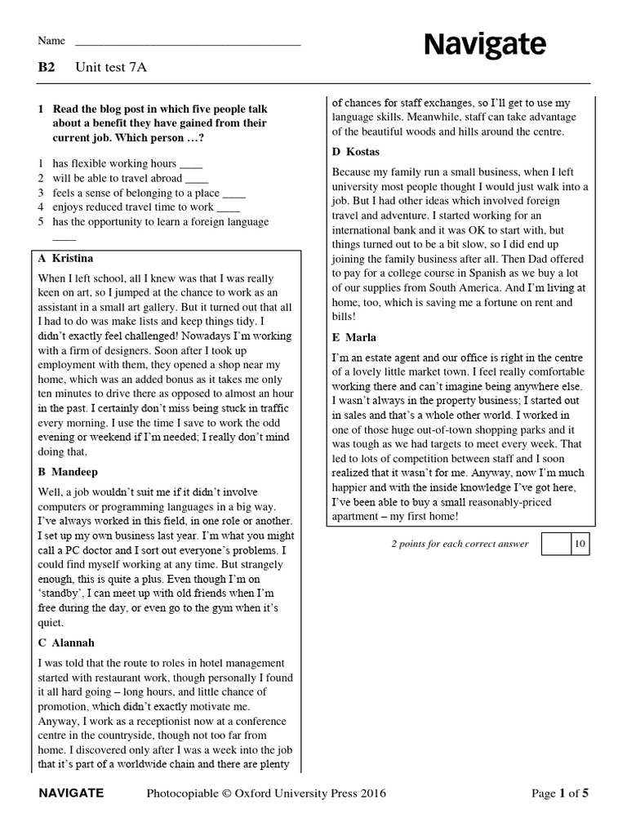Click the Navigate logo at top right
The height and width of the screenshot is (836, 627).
485,45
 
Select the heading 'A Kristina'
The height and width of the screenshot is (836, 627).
66,258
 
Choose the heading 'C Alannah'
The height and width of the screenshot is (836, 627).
68,643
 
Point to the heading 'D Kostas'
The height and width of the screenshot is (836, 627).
356,152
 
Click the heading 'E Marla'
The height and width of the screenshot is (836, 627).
355,337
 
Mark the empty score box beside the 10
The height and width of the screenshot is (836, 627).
555,544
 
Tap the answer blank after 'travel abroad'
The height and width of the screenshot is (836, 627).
198,179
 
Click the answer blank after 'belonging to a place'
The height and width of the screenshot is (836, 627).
234,193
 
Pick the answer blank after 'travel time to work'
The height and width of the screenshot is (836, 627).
229,208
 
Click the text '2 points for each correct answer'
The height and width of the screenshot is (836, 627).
460,544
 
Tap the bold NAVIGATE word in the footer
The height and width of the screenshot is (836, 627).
71,793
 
